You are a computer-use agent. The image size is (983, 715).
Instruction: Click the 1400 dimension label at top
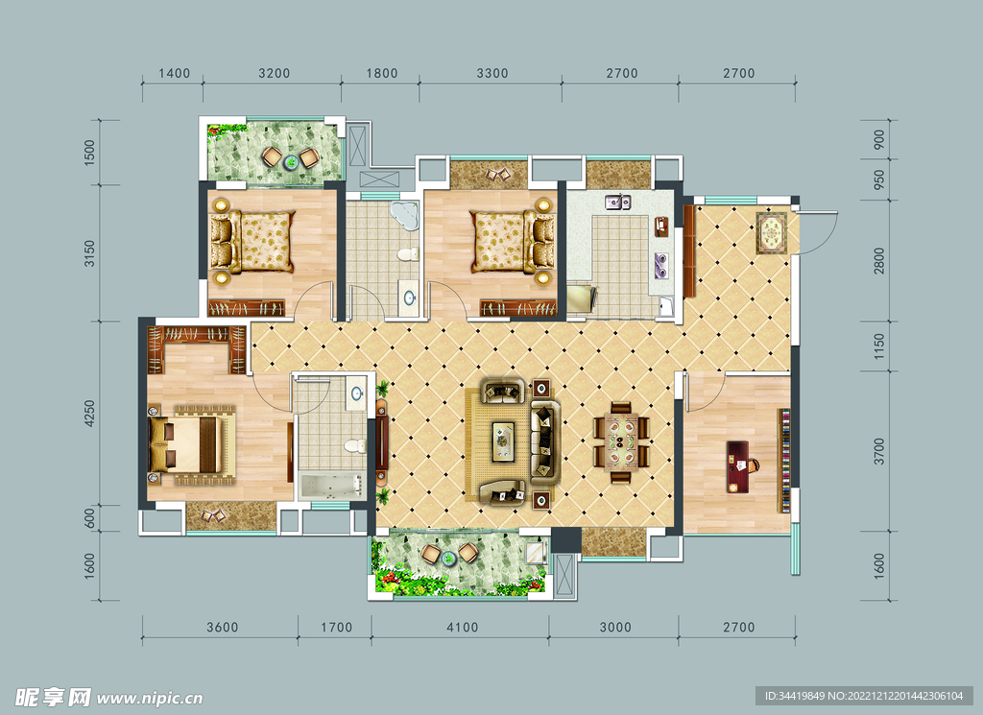coord(175,73)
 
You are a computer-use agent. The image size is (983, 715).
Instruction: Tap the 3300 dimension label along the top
coord(492,73)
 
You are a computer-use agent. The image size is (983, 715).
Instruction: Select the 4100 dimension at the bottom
coord(462,628)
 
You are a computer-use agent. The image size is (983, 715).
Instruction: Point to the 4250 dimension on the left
coord(89,414)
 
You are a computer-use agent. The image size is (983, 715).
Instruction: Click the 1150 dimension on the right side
coord(879,346)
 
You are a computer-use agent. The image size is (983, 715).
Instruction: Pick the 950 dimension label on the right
coord(879,179)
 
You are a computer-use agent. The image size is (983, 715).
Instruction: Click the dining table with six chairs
coord(621,442)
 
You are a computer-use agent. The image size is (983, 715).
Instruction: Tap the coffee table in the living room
coord(503,441)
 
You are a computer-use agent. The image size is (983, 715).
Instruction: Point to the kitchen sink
coord(617,202)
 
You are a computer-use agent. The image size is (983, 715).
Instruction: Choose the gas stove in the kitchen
coord(660,265)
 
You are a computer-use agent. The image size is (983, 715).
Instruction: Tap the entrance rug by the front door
coord(771,233)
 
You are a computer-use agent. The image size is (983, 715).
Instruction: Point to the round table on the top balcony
coord(291,162)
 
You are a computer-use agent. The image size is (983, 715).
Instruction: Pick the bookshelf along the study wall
coord(783,461)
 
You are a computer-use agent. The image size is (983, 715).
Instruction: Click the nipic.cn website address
coord(151,698)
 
